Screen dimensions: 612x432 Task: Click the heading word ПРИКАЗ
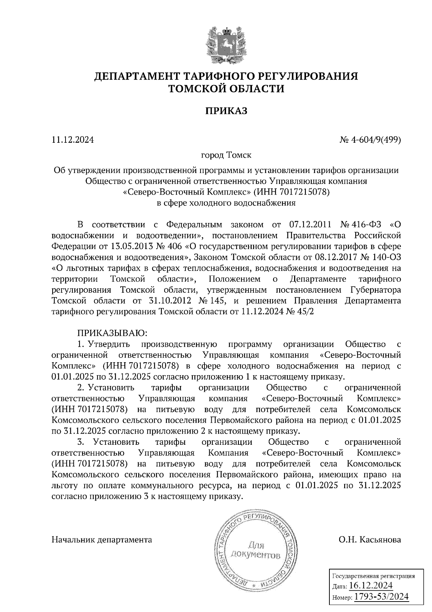click(x=226, y=111)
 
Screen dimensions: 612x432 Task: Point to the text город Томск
click(x=226, y=155)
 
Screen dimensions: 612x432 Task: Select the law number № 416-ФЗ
click(x=361, y=225)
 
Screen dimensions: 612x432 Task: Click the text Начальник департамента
click(x=102, y=540)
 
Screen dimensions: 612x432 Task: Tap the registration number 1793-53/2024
click(x=381, y=597)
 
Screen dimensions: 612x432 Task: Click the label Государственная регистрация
click(x=373, y=576)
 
